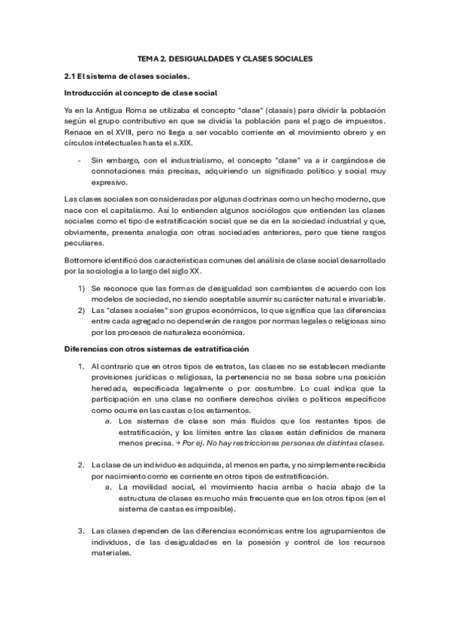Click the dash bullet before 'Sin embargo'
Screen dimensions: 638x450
[x=80, y=160]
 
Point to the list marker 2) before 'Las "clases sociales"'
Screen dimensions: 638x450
[x=81, y=310]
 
